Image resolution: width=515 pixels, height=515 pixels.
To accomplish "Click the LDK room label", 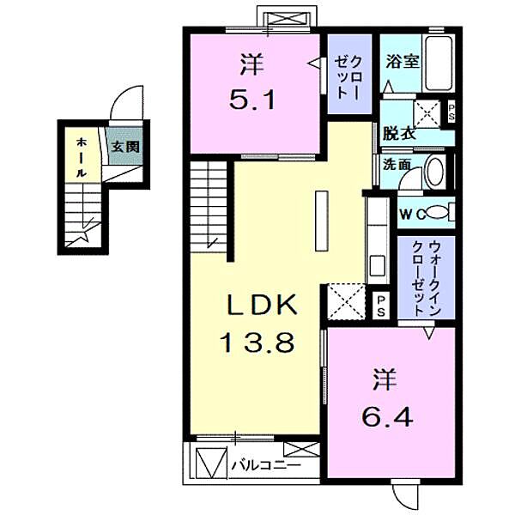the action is (262, 305).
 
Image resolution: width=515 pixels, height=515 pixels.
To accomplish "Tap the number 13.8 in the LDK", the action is (257, 342).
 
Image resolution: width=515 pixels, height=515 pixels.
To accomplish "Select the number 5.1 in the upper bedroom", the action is (252, 100).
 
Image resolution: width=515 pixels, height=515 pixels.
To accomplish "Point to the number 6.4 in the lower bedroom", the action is (387, 417).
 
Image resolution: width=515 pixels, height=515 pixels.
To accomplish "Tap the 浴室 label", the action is (403, 62).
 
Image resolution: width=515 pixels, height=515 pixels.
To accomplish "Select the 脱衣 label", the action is (399, 134).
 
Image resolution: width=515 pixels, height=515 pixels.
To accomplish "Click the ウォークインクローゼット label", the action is (426, 278).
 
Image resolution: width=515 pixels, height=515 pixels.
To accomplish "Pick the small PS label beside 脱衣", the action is (451, 112).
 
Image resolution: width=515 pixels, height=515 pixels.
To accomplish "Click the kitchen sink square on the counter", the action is (378, 266).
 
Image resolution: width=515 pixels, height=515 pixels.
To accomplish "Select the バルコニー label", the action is (266, 465).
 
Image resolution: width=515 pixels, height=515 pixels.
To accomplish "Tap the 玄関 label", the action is (126, 147).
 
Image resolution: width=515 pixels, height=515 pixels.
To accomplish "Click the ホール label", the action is (82, 157).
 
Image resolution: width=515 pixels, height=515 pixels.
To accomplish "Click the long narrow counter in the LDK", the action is (322, 221).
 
